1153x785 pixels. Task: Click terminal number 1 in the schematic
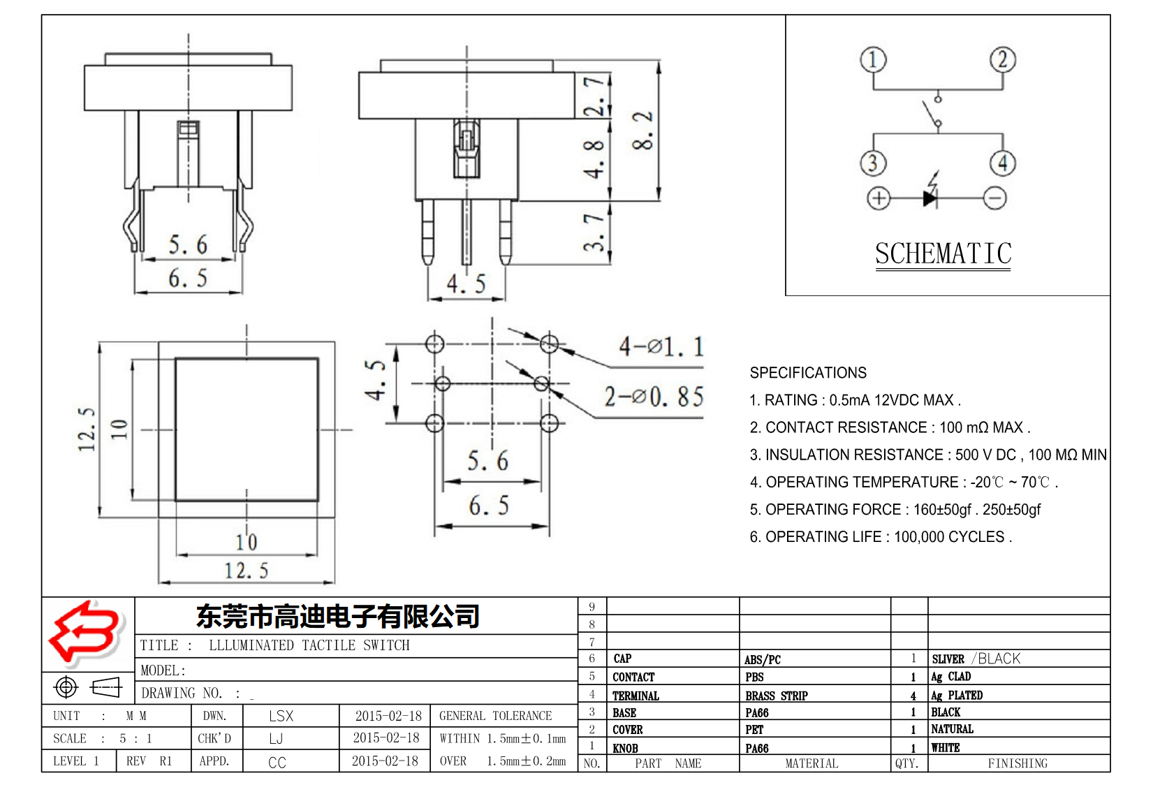tap(872, 60)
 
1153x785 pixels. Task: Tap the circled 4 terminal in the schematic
tap(1002, 163)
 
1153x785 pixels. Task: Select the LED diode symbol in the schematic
tap(930, 198)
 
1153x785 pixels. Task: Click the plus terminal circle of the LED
tap(879, 198)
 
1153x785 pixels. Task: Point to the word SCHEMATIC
tap(943, 254)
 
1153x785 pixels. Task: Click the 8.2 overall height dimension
tap(643, 131)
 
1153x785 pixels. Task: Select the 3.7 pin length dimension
tap(594, 233)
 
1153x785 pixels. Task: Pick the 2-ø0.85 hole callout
tap(654, 397)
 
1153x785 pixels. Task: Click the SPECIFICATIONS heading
tap(808, 373)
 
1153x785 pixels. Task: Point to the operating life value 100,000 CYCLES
tap(949, 537)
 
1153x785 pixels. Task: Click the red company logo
tap(85, 632)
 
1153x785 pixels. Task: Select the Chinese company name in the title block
tap(338, 617)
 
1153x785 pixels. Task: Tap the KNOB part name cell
tap(625, 748)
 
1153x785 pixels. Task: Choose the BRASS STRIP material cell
tap(776, 696)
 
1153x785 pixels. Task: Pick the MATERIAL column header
tap(811, 763)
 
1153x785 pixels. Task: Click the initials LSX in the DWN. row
tap(281, 716)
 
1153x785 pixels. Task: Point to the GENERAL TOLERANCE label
tap(495, 716)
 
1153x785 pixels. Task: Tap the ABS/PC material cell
tap(762, 659)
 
